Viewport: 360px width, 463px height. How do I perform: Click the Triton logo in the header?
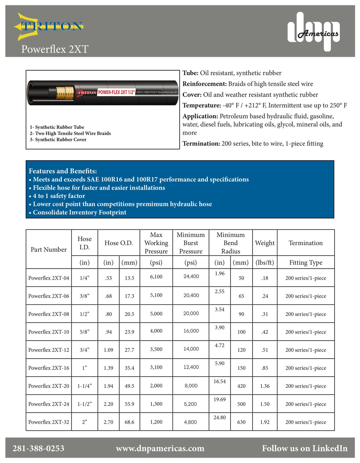49,27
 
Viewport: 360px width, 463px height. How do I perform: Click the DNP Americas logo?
314,32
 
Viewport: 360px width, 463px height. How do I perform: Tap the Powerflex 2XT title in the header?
55,49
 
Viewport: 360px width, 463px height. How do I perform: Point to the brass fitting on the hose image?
65,93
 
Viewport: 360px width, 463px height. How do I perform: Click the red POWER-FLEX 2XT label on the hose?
116,92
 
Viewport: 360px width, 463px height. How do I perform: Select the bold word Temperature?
202,105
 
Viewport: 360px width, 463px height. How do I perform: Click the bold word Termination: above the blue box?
201,144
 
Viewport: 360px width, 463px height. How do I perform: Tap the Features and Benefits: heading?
63,171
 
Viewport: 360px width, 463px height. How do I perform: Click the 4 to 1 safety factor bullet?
59,196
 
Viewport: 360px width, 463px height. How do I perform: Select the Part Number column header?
49,249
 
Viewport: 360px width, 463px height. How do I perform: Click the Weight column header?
265,243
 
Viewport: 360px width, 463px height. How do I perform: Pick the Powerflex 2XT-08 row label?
49,314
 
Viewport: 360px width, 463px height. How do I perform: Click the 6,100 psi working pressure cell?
156,277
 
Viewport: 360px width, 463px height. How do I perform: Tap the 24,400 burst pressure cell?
191,276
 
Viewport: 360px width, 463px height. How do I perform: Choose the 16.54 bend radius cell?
220,382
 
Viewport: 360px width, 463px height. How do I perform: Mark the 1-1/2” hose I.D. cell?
84,404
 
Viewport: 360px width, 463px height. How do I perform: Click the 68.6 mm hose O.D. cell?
129,422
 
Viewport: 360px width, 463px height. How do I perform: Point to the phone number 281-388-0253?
38,449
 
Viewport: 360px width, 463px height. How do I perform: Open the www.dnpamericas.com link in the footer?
160,449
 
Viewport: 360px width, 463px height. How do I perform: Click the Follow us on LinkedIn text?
304,449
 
